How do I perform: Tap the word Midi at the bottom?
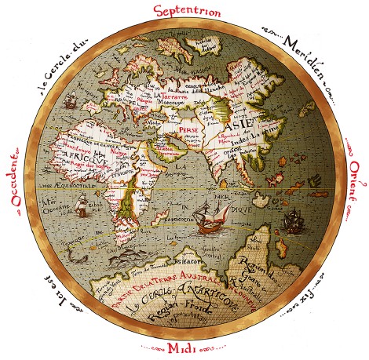coord(185,347)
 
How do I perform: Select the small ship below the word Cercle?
coord(69,102)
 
